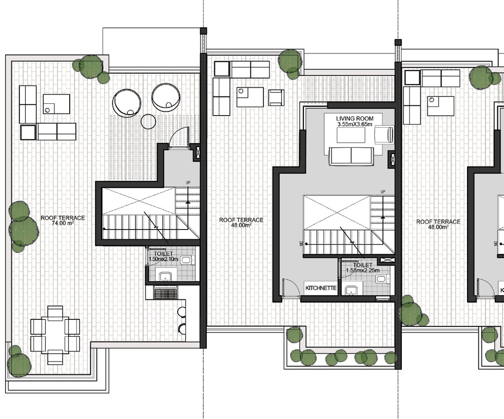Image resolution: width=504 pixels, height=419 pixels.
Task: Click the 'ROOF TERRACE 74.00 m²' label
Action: pyautogui.click(x=63, y=221)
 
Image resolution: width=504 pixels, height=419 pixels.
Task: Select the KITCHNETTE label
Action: pyautogui.click(x=321, y=288)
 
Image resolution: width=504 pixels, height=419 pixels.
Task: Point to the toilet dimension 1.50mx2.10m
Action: pyautogui.click(x=163, y=259)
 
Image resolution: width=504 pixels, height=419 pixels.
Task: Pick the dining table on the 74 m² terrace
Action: pyautogui.click(x=55, y=335)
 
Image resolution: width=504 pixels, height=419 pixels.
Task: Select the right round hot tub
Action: pyautogui.click(x=166, y=97)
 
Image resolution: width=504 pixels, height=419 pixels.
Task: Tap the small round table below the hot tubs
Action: pyautogui.click(x=148, y=122)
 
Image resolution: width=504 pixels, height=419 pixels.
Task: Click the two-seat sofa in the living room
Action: pyautogui.click(x=351, y=156)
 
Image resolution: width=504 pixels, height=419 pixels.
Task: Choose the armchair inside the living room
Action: pyautogui.click(x=383, y=135)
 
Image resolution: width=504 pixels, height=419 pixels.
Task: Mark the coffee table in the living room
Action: pyautogui.click(x=351, y=135)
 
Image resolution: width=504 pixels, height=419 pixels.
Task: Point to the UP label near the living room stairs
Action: pyautogui.click(x=383, y=192)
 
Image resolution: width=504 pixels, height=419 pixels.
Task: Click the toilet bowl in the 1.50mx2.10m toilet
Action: pyautogui.click(x=185, y=260)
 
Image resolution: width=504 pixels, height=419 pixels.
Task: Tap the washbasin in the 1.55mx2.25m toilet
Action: pyautogui.click(x=352, y=290)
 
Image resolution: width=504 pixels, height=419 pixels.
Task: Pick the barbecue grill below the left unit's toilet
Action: pyautogui.click(x=165, y=293)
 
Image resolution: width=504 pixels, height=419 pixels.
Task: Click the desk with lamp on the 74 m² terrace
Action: pyautogui.click(x=56, y=104)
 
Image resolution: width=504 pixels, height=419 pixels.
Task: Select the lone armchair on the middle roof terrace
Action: pyautogui.click(x=276, y=97)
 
